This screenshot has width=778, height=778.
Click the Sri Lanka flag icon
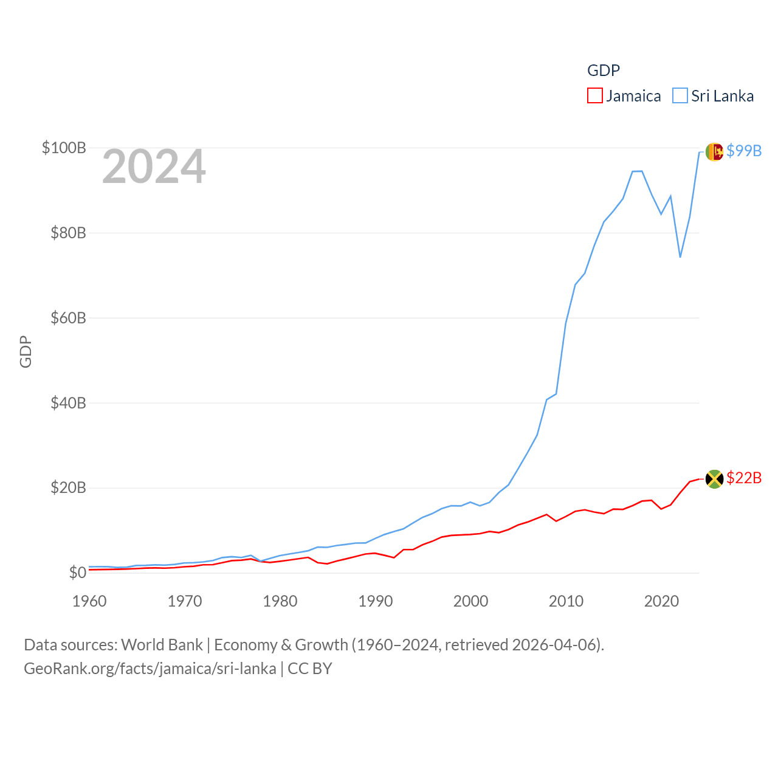[x=714, y=151]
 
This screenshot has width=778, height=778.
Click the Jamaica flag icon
[x=714, y=479]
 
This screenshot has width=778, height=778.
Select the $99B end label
[x=744, y=151]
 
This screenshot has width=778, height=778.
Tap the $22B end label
[x=744, y=478]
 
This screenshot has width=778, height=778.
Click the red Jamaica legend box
[x=594, y=96]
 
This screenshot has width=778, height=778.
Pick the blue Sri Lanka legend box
[x=680, y=96]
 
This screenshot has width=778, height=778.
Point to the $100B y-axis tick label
[x=64, y=148]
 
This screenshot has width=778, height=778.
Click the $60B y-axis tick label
[x=68, y=318]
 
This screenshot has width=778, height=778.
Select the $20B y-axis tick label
[x=68, y=487]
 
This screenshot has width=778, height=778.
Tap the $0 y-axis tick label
[x=77, y=573]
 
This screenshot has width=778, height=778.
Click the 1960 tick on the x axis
[x=89, y=601]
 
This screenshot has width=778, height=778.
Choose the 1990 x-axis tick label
[x=376, y=601]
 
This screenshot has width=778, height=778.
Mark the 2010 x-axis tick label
[x=566, y=601]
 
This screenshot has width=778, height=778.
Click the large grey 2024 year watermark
[x=154, y=167]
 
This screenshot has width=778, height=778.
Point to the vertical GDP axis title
[x=26, y=351]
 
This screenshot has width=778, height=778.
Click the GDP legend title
[x=603, y=71]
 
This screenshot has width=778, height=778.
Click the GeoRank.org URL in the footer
[x=150, y=669]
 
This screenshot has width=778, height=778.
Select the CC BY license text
[x=310, y=669]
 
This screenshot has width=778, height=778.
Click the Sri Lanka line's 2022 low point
[x=680, y=257]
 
